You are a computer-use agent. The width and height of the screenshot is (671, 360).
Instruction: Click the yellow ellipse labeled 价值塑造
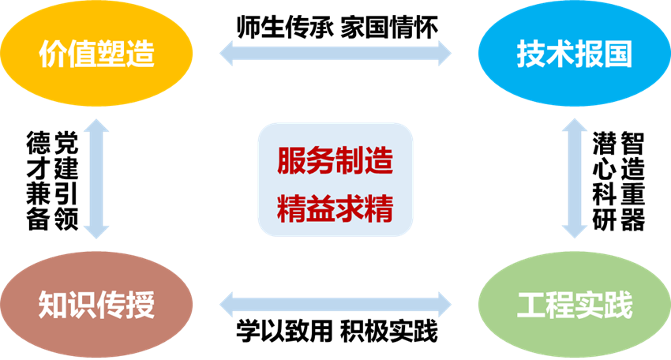(96, 54)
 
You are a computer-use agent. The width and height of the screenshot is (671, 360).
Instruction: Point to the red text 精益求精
(335, 210)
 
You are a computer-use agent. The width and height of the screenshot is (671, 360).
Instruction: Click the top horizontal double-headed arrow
(335, 54)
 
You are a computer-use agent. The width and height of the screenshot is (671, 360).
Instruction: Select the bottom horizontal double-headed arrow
(335, 303)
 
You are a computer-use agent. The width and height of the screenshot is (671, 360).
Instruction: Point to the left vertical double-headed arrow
(97, 178)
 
